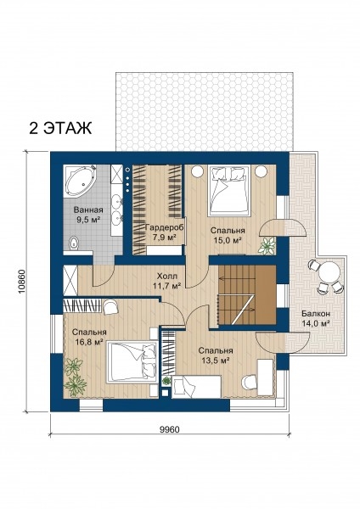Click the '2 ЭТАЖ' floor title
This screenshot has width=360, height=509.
pyautogui.click(x=61, y=128)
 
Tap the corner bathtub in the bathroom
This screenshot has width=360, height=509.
pyautogui.click(x=80, y=182)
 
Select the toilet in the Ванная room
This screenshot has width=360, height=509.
pyautogui.click(x=75, y=243)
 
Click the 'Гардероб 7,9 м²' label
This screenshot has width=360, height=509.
pyautogui.click(x=164, y=232)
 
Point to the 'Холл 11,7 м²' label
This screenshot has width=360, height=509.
pyautogui.click(x=167, y=281)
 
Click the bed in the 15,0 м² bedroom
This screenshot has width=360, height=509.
pyautogui.click(x=230, y=190)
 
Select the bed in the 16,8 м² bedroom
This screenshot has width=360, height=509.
pyautogui.click(x=132, y=362)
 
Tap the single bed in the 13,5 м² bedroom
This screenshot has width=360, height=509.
pyautogui.click(x=197, y=387)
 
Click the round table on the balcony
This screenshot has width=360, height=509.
pyautogui.click(x=329, y=273)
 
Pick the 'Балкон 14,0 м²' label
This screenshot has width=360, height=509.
pyautogui.click(x=316, y=318)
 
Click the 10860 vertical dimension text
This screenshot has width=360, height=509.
pyautogui.click(x=22, y=282)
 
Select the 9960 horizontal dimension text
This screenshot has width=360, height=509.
pyautogui.click(x=170, y=429)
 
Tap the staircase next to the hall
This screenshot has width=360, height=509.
pyautogui.click(x=247, y=294)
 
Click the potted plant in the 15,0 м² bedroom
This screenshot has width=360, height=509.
pyautogui.click(x=267, y=245)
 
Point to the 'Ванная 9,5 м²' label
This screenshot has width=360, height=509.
pyautogui.click(x=88, y=215)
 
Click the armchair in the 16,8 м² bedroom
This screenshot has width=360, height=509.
pyautogui.click(x=110, y=307)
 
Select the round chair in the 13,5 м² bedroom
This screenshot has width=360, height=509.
pyautogui.click(x=250, y=382)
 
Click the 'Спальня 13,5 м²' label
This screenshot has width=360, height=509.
pyautogui.click(x=216, y=355)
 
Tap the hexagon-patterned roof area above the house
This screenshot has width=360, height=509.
pyautogui.click(x=205, y=112)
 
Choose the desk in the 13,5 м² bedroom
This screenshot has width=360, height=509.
pyautogui.click(x=266, y=378)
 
